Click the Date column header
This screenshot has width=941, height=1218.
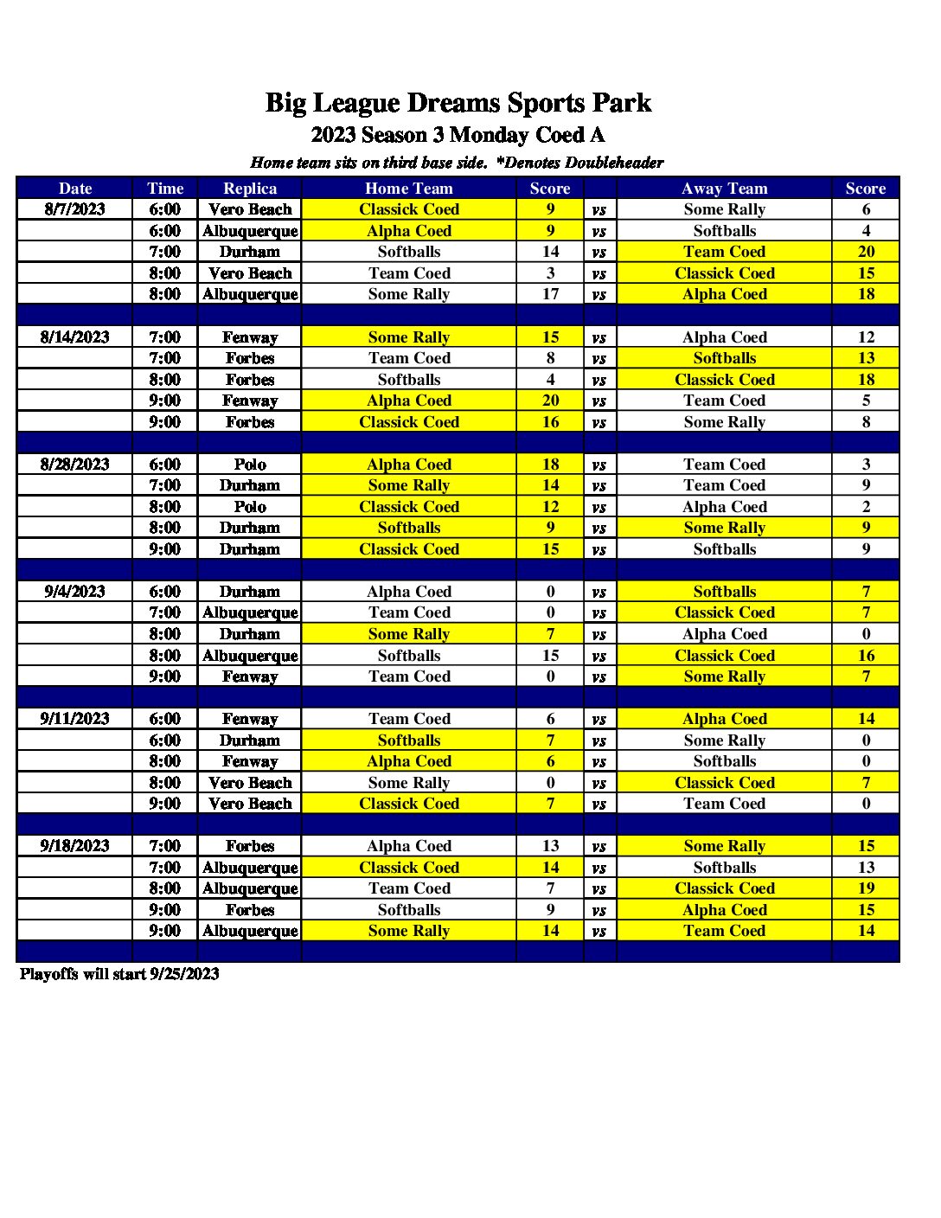click(75, 189)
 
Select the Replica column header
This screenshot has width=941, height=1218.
click(250, 189)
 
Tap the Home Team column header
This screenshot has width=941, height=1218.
click(408, 189)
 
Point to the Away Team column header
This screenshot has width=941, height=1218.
click(724, 189)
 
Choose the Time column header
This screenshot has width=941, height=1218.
click(165, 189)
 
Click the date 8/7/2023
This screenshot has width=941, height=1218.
click(75, 209)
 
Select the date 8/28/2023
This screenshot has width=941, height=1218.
click(75, 465)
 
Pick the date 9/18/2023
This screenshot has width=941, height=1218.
click(75, 846)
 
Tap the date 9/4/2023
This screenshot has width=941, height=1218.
click(75, 592)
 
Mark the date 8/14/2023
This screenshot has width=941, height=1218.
click(75, 337)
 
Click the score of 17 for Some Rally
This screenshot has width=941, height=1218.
click(550, 294)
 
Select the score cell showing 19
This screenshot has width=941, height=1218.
click(866, 888)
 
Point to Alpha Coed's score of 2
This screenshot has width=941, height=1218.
click(866, 507)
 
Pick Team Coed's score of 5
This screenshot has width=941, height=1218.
click(866, 401)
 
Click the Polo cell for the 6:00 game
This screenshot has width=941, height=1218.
click(250, 465)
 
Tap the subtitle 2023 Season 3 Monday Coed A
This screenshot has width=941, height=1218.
click(458, 135)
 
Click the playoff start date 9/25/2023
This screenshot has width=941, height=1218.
click(184, 974)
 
